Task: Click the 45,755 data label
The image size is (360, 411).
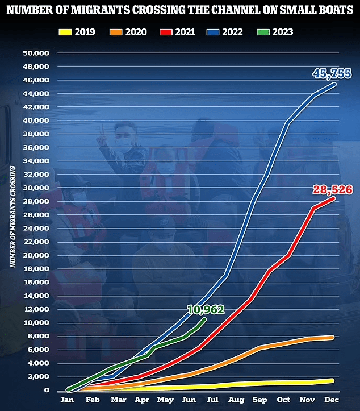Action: point(332,74)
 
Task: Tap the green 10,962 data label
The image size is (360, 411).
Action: point(206,310)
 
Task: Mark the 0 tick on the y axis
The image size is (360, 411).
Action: point(47,391)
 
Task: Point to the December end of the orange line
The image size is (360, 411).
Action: point(333,337)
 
